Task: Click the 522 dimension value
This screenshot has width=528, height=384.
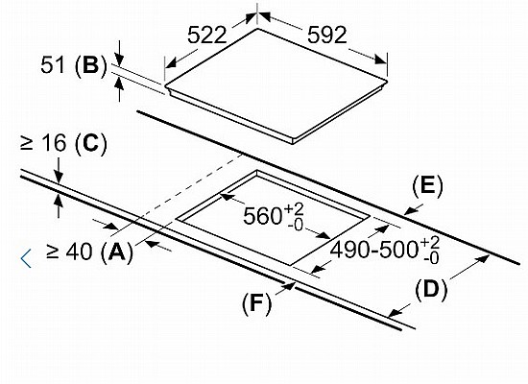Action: point(206,35)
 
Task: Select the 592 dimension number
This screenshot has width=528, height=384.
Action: point(327,35)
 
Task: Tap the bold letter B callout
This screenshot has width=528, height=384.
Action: point(90,64)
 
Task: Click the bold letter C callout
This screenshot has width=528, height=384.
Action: point(90,143)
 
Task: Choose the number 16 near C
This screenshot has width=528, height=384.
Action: point(54,143)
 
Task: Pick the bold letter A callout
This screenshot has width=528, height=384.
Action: point(116,252)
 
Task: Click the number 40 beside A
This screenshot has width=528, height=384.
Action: point(80,252)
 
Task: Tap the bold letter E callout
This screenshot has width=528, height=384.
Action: point(427,186)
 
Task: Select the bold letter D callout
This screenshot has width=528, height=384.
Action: point(431,289)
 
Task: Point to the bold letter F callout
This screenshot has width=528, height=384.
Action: point(256,302)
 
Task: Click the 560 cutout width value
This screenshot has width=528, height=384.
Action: point(262,216)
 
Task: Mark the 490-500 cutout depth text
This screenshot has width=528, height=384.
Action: point(374,251)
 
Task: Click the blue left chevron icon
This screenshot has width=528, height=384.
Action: point(26,258)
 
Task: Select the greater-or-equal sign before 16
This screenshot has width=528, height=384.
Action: point(27,143)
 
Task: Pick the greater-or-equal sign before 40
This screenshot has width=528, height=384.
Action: point(53,252)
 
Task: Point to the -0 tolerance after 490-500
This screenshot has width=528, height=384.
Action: point(431,258)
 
